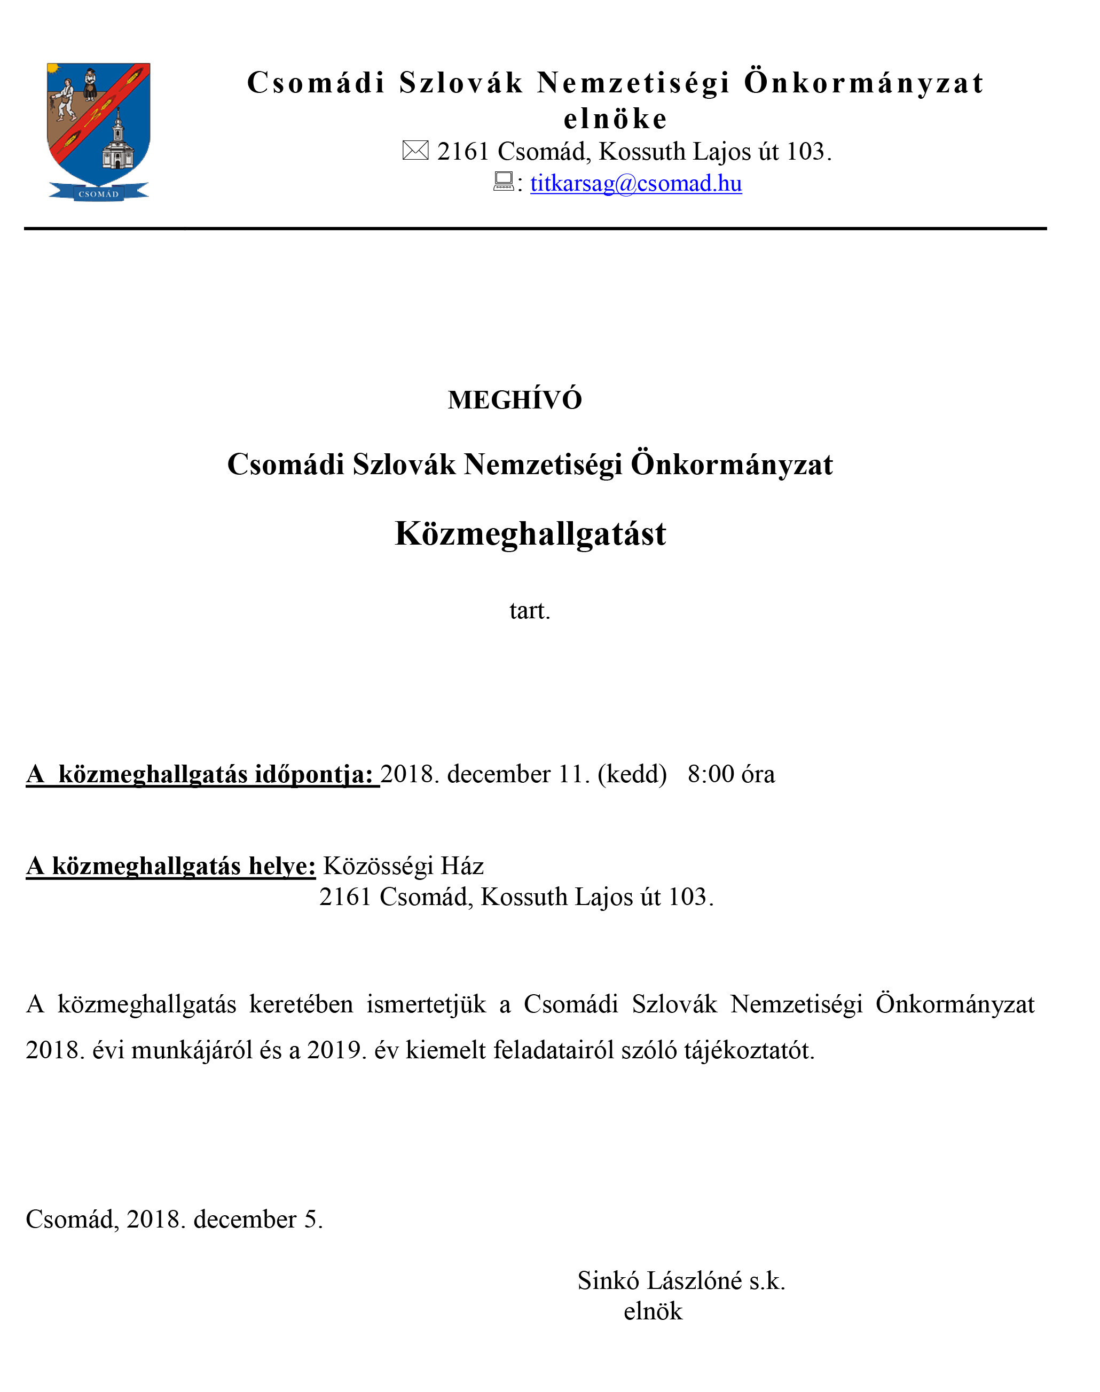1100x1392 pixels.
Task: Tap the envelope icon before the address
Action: [415, 151]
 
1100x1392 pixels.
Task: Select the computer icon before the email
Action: [503, 182]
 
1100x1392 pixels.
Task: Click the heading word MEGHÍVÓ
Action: [515, 400]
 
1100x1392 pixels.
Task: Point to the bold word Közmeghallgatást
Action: [530, 534]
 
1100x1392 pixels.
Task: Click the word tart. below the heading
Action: [529, 610]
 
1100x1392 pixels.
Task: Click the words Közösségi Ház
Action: [403, 866]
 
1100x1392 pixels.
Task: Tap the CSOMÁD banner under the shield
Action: [99, 193]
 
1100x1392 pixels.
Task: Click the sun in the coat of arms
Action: [53, 68]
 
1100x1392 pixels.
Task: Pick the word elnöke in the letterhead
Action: [615, 119]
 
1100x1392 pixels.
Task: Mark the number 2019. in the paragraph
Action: [334, 1050]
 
